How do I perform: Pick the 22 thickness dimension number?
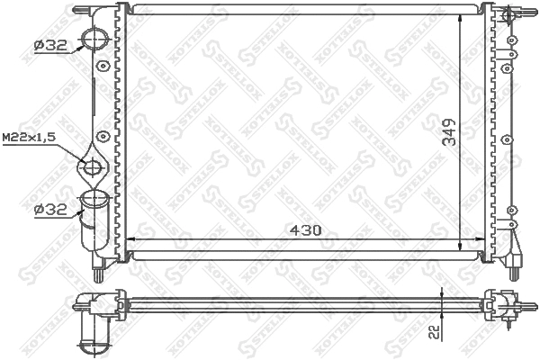tap(434, 332)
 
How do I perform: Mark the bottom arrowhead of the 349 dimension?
tap(462, 249)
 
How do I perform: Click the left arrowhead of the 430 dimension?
tap(127, 238)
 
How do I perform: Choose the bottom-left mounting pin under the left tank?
tap(95, 267)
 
